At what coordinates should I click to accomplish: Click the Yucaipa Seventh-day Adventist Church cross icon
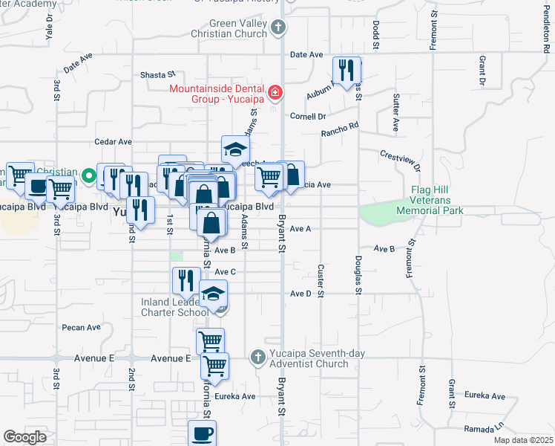click(257, 358)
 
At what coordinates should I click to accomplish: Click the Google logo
click(24, 437)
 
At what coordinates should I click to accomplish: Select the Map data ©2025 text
click(522, 440)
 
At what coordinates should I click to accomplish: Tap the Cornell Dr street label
click(308, 117)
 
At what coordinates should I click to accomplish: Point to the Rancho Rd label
click(339, 132)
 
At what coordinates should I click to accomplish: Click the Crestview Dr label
click(401, 161)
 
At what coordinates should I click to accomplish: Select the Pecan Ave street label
click(82, 327)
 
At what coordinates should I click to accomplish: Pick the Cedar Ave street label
click(113, 141)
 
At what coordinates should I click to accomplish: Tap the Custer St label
click(321, 281)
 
